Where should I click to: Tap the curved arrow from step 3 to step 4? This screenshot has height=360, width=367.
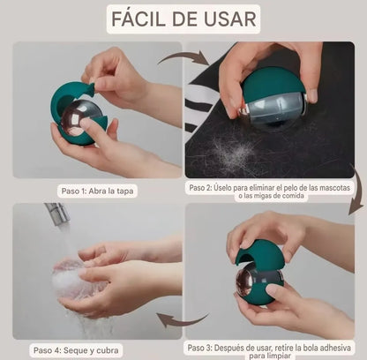183,319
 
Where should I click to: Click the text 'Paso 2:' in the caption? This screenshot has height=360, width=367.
204,188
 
